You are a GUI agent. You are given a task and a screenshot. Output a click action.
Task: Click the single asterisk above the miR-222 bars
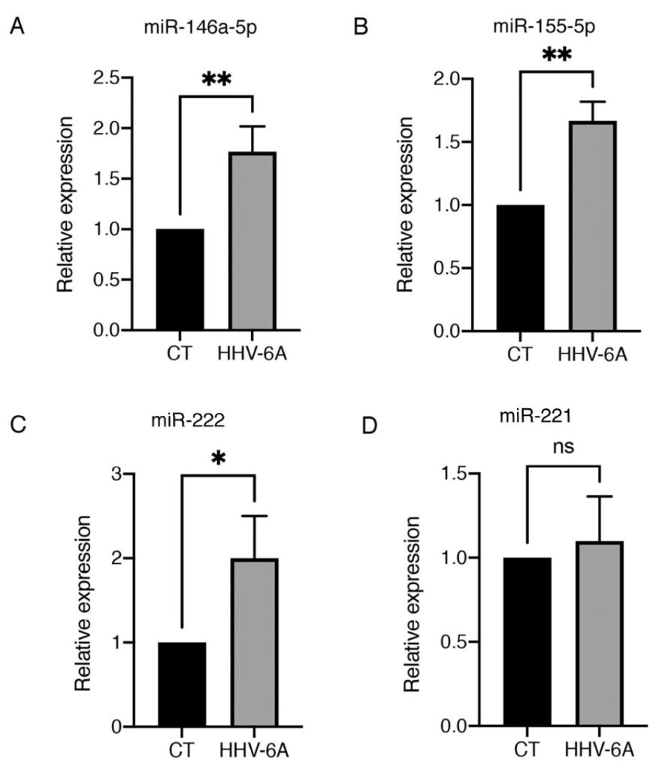click(219, 459)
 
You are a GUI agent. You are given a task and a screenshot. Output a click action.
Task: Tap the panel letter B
click(360, 31)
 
